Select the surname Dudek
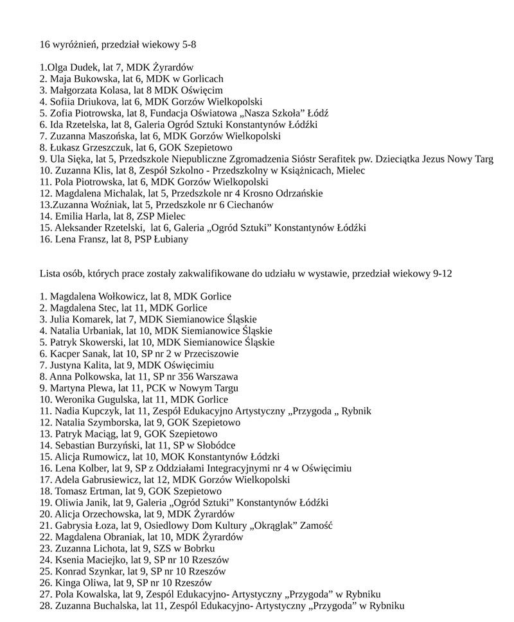[84, 67]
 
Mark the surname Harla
[103, 217]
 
